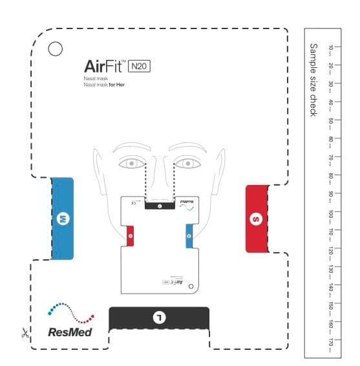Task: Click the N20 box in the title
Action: (x=140, y=65)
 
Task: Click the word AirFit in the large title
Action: (x=105, y=66)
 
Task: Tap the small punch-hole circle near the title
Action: (x=55, y=48)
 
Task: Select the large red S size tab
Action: (x=257, y=219)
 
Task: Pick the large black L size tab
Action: (x=159, y=317)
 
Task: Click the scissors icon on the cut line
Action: (x=23, y=334)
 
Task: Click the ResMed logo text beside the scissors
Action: (x=70, y=332)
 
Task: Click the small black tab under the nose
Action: (x=159, y=206)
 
